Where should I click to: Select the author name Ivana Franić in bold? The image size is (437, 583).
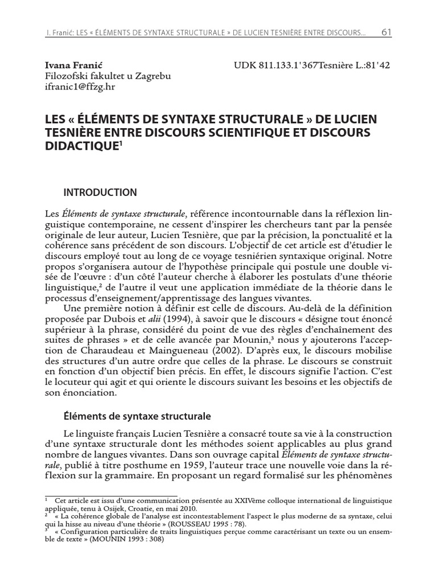click(x=69, y=65)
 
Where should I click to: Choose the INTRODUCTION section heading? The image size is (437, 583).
click(x=100, y=192)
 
